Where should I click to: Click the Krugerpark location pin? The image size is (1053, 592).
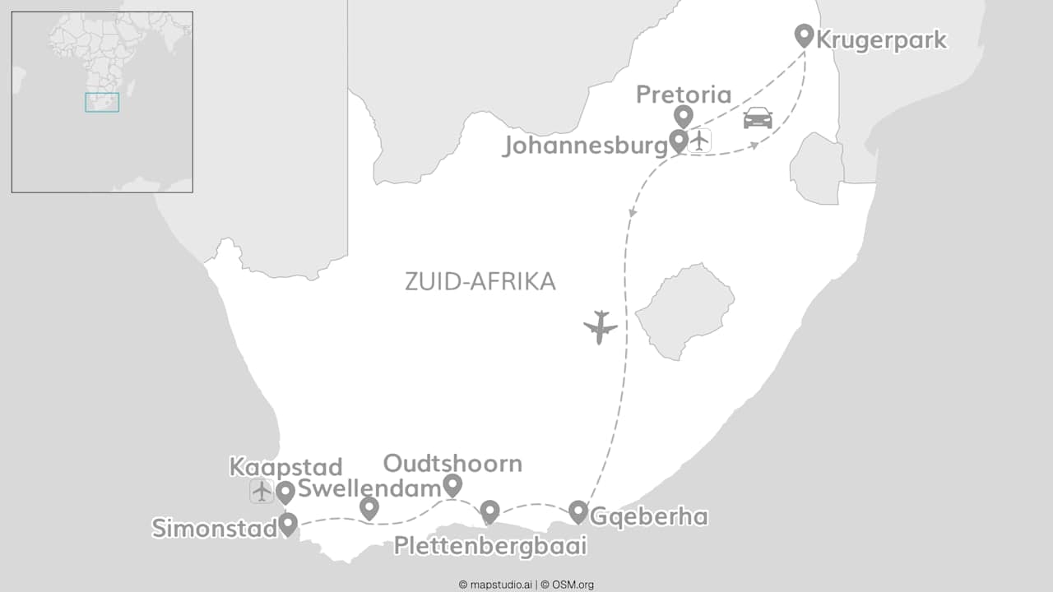(804, 35)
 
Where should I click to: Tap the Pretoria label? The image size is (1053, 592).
(683, 95)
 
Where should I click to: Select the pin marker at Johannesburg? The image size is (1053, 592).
(678, 141)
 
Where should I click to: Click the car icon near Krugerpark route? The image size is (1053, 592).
(758, 118)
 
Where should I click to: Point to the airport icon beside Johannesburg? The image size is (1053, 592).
(699, 141)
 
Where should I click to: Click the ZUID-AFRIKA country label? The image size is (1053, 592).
(480, 281)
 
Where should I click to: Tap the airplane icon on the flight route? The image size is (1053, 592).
(601, 326)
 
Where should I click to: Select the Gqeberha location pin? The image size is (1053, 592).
(578, 511)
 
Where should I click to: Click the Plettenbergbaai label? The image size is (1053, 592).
(490, 545)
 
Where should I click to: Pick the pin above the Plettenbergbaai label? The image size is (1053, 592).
(489, 511)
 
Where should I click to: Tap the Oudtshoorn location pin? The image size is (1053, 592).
(452, 485)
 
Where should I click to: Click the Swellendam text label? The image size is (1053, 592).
(369, 489)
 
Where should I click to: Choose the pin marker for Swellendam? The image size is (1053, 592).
(369, 508)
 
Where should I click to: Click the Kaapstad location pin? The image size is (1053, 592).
(285, 492)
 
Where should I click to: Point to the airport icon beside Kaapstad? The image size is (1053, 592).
(262, 492)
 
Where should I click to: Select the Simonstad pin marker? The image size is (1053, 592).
(288, 524)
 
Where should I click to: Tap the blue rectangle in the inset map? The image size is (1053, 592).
(102, 102)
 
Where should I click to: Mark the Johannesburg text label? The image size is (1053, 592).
(585, 146)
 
